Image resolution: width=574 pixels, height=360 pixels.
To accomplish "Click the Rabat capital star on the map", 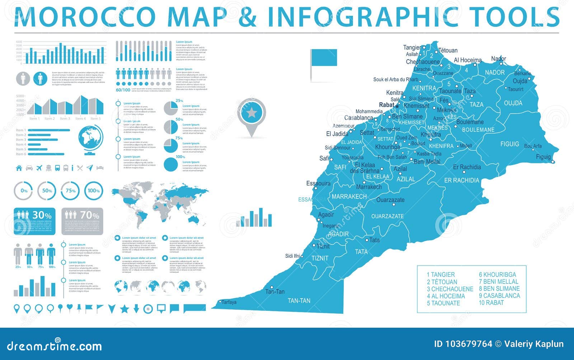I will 397,106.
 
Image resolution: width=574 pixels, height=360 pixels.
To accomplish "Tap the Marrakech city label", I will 369,187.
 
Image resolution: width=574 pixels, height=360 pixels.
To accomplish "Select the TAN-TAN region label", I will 299,301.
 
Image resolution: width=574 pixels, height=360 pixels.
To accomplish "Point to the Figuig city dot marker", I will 553,162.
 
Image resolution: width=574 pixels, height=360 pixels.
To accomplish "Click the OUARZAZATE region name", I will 387,216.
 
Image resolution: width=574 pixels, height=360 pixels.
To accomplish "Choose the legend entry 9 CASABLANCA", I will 499,296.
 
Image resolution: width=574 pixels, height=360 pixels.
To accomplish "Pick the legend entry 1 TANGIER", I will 441,275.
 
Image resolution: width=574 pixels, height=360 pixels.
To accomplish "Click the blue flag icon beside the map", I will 324,58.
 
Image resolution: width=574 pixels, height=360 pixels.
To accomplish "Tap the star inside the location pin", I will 251,113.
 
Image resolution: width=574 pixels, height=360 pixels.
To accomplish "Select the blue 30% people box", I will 35,221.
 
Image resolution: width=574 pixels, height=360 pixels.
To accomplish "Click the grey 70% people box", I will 82,221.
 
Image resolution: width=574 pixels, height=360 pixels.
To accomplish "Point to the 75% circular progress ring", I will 70,191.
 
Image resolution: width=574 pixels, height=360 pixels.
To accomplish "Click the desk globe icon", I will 90,140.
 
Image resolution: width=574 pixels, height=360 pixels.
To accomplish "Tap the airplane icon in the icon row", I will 39,168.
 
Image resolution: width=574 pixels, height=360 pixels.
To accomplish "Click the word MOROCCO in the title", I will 85,17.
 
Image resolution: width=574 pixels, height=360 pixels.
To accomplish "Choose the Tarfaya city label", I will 229,302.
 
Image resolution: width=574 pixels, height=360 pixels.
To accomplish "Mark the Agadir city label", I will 326,215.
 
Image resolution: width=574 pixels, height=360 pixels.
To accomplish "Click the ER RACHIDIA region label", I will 461,180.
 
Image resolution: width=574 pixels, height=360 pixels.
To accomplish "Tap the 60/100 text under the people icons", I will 123,90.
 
